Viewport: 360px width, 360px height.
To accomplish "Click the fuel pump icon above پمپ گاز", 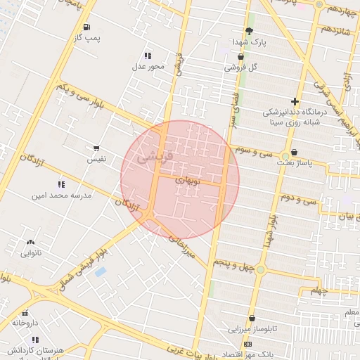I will pyautogui.click(x=86, y=28).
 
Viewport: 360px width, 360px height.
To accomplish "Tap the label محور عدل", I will pyautogui.click(x=148, y=67).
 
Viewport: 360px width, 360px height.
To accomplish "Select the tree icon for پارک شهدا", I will pyautogui.click(x=248, y=30).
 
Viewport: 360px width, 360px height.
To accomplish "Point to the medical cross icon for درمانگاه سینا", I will pyautogui.click(x=295, y=101).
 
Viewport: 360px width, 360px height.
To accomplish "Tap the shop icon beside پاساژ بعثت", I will pyautogui.click(x=293, y=152).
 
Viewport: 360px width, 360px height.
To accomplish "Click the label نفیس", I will pyautogui.click(x=96, y=159).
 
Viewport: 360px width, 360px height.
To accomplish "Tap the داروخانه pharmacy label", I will pyautogui.click(x=25, y=323).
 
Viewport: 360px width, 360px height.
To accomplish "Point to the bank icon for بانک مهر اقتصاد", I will pyautogui.click(x=247, y=344).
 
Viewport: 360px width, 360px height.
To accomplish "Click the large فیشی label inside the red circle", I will pyautogui.click(x=149, y=156).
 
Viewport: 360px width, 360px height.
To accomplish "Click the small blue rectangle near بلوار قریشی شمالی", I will pyautogui.click(x=101, y=271).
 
